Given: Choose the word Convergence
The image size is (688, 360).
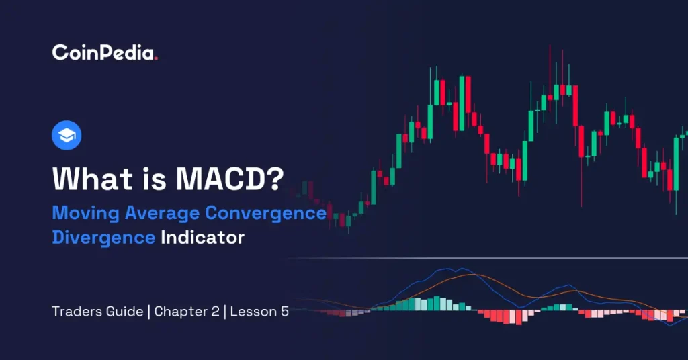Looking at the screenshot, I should [266, 214].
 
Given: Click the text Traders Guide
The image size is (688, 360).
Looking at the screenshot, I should [97, 312].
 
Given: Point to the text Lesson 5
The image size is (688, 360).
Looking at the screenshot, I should [260, 312].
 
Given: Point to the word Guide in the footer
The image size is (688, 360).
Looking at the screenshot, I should [127, 312].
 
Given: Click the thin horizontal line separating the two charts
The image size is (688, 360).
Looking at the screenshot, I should [484, 258].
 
